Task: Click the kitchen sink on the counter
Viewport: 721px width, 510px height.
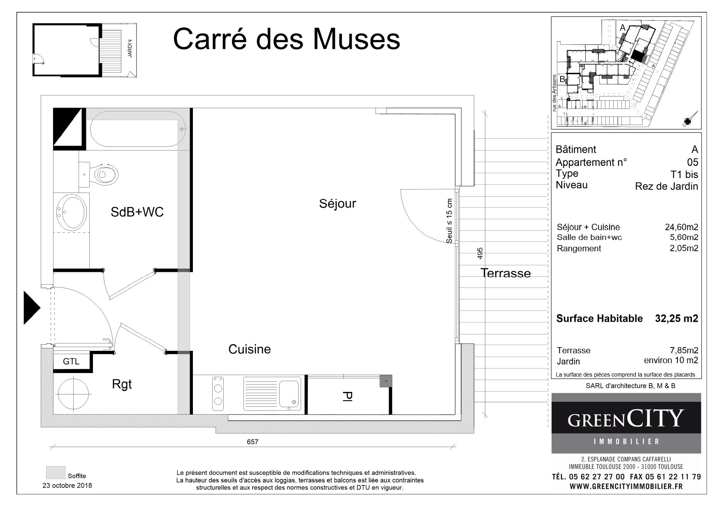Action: pos(272,394)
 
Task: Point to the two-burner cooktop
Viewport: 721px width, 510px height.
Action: pos(218,394)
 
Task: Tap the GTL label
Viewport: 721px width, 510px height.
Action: pos(71,362)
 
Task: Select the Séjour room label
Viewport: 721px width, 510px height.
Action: pos(337,204)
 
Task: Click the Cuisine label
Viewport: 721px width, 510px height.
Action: pos(250,349)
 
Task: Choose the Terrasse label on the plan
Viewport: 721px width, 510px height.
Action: pos(505,273)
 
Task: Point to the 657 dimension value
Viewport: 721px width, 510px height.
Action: pos(253,442)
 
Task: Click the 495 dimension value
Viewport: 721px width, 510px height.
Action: pos(480,253)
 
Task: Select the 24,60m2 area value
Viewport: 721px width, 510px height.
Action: pos(682,227)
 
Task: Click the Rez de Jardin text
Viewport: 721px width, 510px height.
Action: pos(667,186)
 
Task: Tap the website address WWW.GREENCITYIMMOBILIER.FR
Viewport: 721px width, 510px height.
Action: pos(626,486)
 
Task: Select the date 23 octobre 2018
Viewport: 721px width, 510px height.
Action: pos(67,485)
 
